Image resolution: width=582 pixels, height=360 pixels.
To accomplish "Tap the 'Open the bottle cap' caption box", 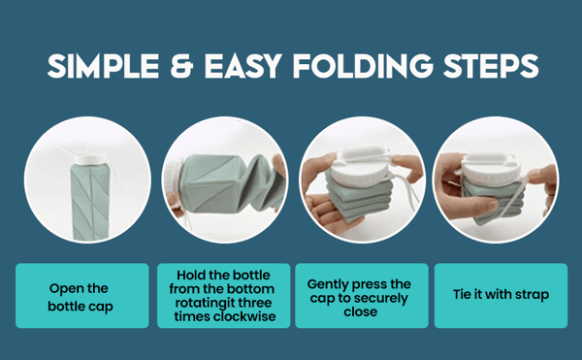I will click(x=81, y=295).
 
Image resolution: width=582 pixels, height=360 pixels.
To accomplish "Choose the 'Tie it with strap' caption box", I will click(x=500, y=295).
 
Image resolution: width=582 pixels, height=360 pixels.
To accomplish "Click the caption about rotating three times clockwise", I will click(x=223, y=295).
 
